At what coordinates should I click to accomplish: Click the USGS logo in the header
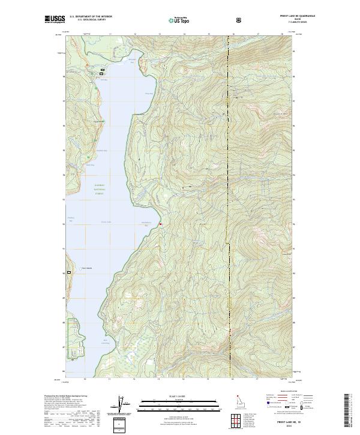53,20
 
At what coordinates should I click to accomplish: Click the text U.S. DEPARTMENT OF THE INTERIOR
91,17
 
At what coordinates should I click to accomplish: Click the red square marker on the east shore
160,224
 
